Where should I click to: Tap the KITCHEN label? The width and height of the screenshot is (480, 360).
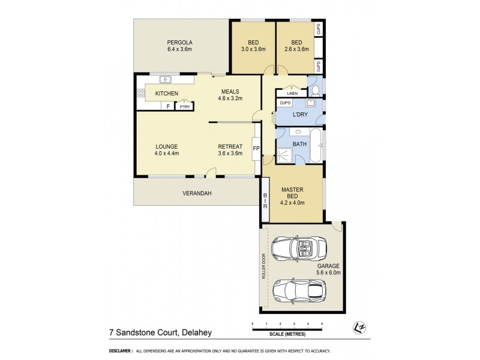(167, 94)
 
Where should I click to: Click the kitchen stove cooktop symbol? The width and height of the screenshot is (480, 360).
(141, 93)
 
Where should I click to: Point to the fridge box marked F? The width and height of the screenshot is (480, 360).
(168, 106)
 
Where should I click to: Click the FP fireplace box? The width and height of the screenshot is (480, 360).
(256, 148)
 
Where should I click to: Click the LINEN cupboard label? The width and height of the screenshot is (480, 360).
(292, 93)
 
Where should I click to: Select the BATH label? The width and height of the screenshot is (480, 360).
(299, 144)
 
